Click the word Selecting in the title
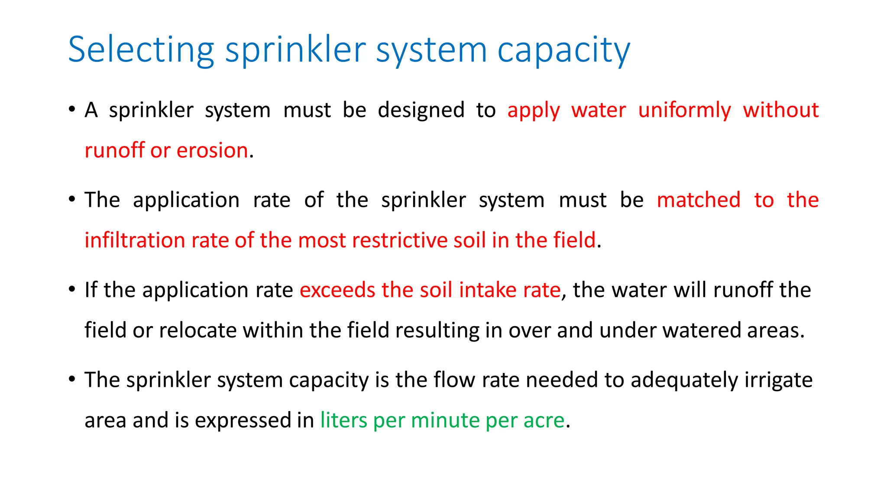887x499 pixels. point(141,50)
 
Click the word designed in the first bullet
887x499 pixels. point(421,110)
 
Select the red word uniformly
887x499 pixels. point(684,110)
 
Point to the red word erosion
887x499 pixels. point(212,150)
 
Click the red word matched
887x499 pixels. point(698,200)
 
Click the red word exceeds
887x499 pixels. point(337,290)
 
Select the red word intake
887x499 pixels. point(488,290)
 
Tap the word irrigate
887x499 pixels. point(778,380)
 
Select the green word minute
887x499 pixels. point(445,420)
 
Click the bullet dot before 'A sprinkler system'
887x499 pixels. point(72,109)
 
